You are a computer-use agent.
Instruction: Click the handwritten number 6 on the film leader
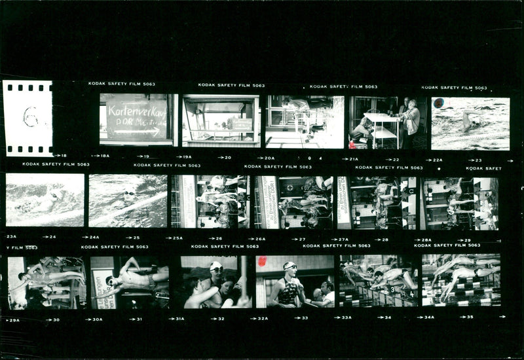point(30,117)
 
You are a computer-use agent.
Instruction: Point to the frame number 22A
point(437,160)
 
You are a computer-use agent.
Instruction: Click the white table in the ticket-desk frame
point(381,118)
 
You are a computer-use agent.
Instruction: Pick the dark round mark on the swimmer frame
point(438,103)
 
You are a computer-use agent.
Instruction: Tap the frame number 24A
point(94,237)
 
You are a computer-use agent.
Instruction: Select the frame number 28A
point(426,240)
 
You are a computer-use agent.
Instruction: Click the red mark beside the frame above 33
point(262,261)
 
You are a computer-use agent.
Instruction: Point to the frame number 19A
point(187,157)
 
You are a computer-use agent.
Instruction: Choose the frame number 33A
point(346,317)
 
